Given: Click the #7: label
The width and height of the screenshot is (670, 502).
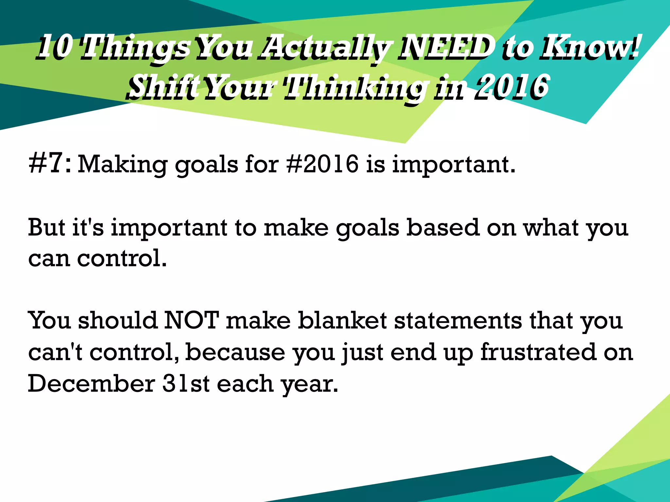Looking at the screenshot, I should [50, 163].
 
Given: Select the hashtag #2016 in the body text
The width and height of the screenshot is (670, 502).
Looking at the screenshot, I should [322, 163].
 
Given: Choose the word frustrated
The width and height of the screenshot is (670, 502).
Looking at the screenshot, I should [538, 352].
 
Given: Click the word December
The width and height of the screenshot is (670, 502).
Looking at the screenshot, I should [91, 384].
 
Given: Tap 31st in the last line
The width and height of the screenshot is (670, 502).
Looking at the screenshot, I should [186, 384].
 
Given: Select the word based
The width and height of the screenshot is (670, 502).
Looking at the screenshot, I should [443, 227].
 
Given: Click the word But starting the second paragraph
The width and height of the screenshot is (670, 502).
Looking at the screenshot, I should [46, 227].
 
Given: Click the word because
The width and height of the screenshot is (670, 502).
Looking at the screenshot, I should [235, 352].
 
